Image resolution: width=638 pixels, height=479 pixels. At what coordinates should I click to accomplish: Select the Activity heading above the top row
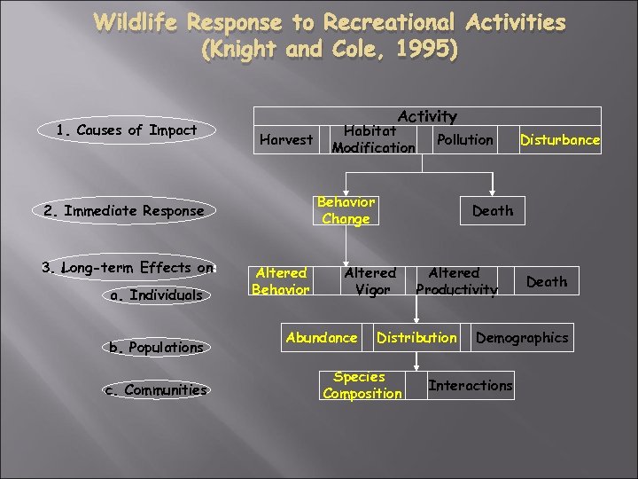(x=427, y=116)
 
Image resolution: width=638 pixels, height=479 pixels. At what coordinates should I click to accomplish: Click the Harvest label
(x=285, y=139)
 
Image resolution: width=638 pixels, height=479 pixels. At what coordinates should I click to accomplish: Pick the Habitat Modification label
(x=372, y=139)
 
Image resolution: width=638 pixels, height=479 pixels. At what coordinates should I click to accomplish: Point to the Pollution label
(x=464, y=139)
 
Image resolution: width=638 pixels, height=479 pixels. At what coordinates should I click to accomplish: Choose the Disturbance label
(x=559, y=139)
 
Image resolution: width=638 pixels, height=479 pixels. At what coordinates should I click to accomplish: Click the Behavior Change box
(x=346, y=210)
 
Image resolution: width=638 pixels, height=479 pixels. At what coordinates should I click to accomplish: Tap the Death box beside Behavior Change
(x=492, y=210)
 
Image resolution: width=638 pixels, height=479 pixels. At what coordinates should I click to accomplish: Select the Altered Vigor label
(x=370, y=281)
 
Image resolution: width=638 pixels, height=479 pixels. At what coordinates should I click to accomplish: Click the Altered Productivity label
(x=456, y=281)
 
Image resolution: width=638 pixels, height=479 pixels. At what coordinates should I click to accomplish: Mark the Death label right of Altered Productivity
(x=546, y=281)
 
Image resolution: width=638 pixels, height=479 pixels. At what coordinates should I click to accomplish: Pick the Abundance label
(x=322, y=337)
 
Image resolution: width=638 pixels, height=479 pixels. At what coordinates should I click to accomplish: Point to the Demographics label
(x=522, y=337)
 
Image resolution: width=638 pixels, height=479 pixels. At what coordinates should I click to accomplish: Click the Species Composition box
(x=362, y=385)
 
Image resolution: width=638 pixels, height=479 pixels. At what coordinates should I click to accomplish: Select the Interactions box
(x=470, y=385)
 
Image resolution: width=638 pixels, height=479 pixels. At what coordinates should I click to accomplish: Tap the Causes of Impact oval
(x=126, y=130)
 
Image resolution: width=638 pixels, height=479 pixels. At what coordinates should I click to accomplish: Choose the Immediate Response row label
(x=123, y=210)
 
